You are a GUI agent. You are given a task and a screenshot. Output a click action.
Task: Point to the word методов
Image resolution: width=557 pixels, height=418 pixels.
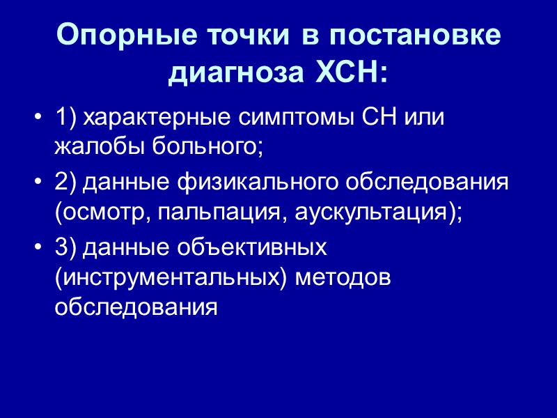pos(344,279)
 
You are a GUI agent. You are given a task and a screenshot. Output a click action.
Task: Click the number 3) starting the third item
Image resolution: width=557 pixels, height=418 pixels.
pos(65,249)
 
